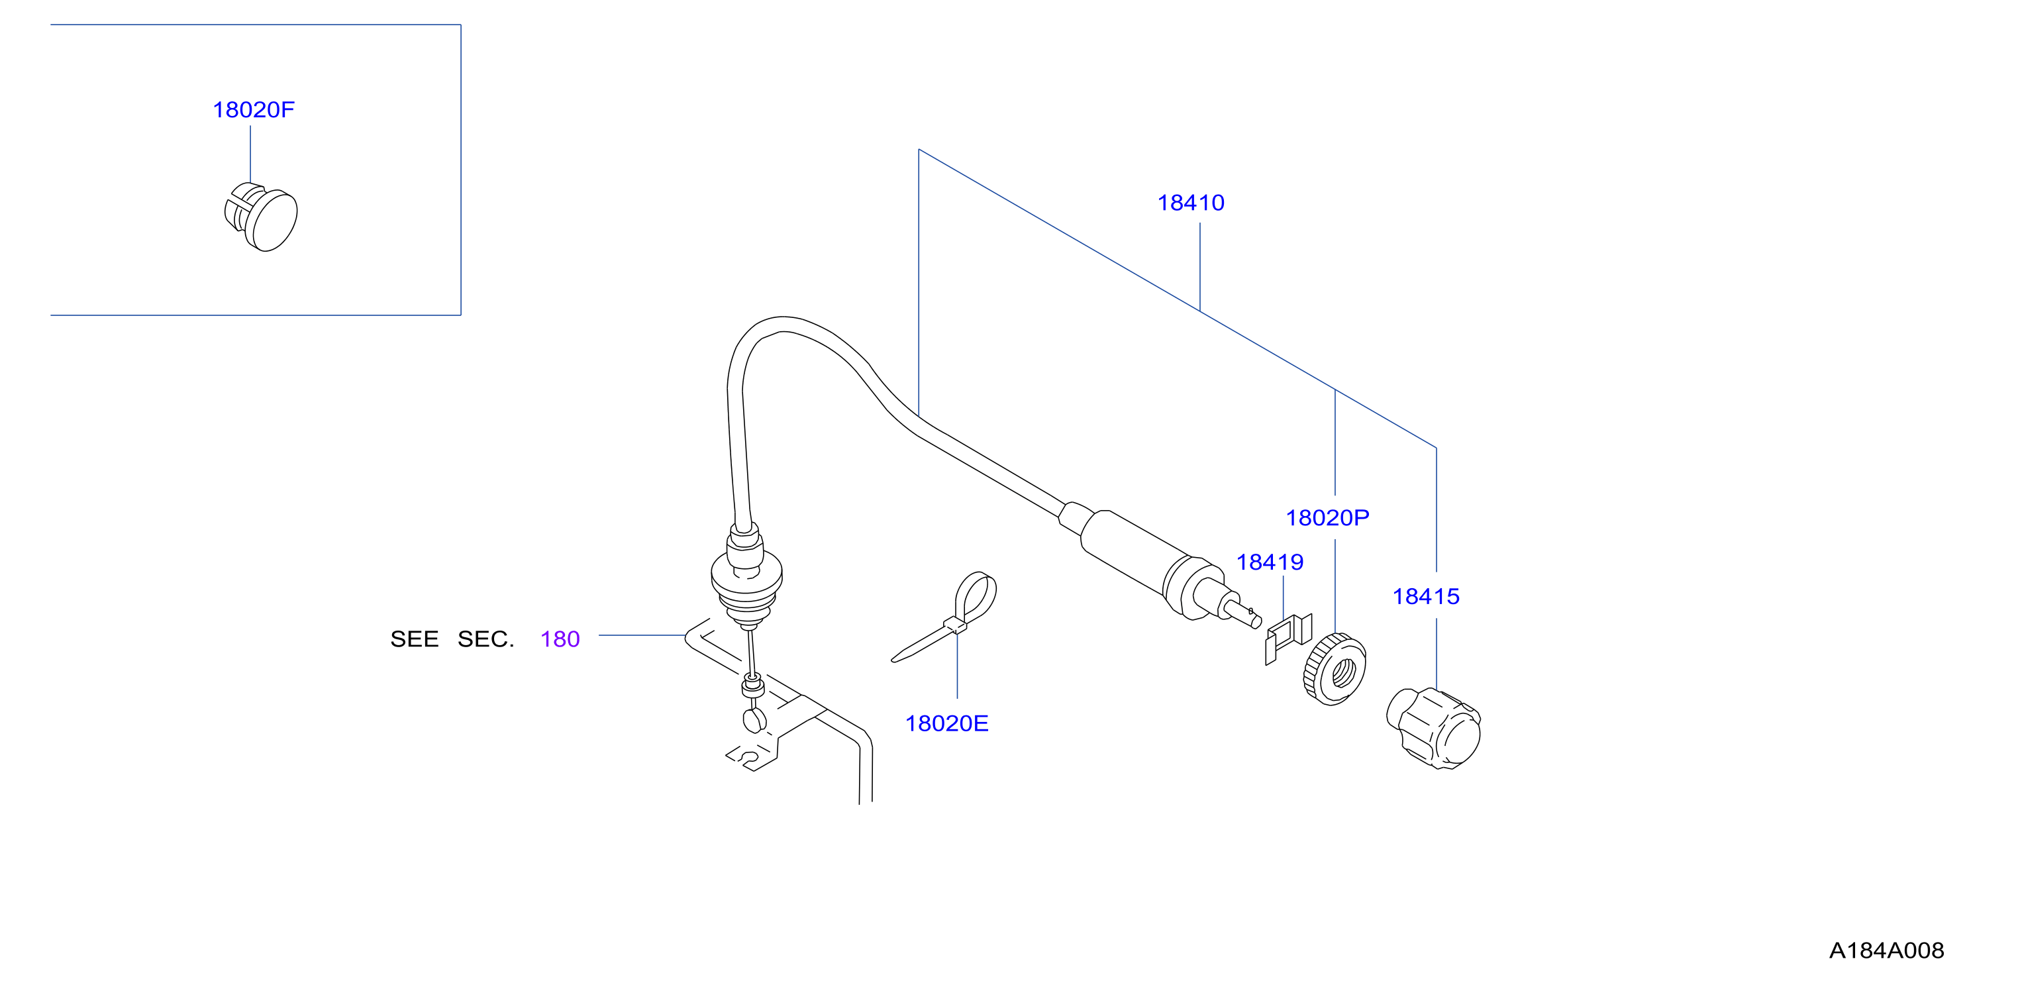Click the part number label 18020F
point(254,110)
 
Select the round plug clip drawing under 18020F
point(262,217)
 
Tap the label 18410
point(1191,203)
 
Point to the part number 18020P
point(1327,518)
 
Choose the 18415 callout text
point(1425,597)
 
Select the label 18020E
point(946,724)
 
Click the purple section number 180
point(560,639)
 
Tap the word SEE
point(415,639)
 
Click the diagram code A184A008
point(1886,951)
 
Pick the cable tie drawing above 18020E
point(944,617)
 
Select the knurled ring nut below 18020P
point(1335,669)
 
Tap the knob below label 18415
point(1433,728)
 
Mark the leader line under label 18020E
point(957,666)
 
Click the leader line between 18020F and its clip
point(250,155)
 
